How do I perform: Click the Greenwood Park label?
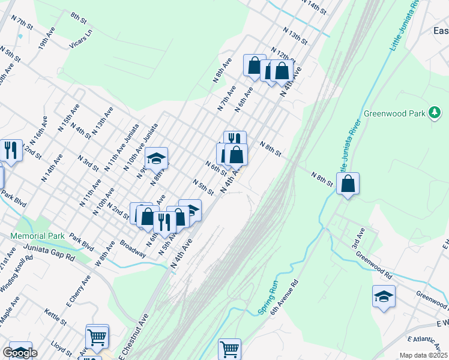[x=393, y=113]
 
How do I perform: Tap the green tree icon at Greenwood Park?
[x=434, y=113]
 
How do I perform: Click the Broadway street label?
[x=133, y=250]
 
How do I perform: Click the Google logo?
[x=20, y=353]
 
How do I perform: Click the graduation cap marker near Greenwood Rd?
[x=384, y=296]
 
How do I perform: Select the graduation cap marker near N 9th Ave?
[x=156, y=158]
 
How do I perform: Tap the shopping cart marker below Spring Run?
[x=229, y=348]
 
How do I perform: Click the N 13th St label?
[x=296, y=35]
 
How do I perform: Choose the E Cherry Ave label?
[x=78, y=290]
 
